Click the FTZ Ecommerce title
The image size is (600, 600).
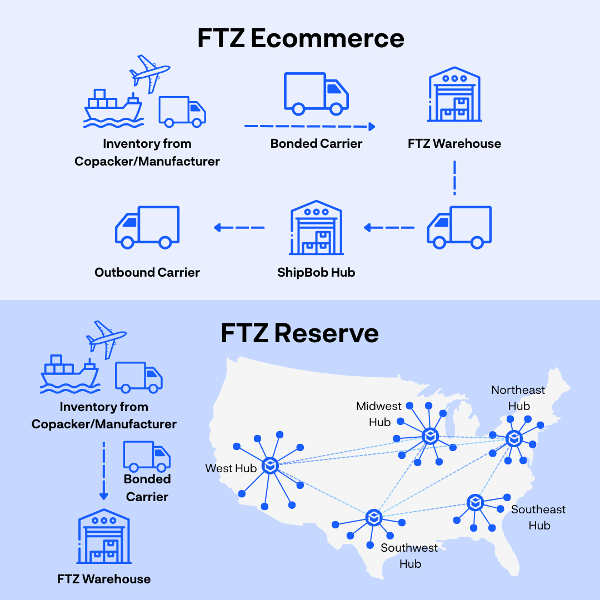301,39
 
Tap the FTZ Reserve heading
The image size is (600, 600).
299,333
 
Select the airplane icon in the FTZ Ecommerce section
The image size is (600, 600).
149,72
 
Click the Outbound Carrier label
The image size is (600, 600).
147,272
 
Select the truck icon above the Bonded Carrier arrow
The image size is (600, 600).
316,93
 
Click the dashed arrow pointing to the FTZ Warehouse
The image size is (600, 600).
309,127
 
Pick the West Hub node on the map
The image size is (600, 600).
271,465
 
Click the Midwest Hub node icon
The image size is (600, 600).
430,436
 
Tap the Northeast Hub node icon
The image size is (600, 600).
514,438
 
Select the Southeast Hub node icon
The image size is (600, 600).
474,503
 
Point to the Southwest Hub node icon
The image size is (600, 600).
374,518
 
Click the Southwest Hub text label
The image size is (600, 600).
409,556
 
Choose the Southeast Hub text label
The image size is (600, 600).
538,517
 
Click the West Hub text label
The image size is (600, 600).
231,468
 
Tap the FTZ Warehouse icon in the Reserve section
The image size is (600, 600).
104,539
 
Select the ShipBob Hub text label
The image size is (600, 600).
316,272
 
